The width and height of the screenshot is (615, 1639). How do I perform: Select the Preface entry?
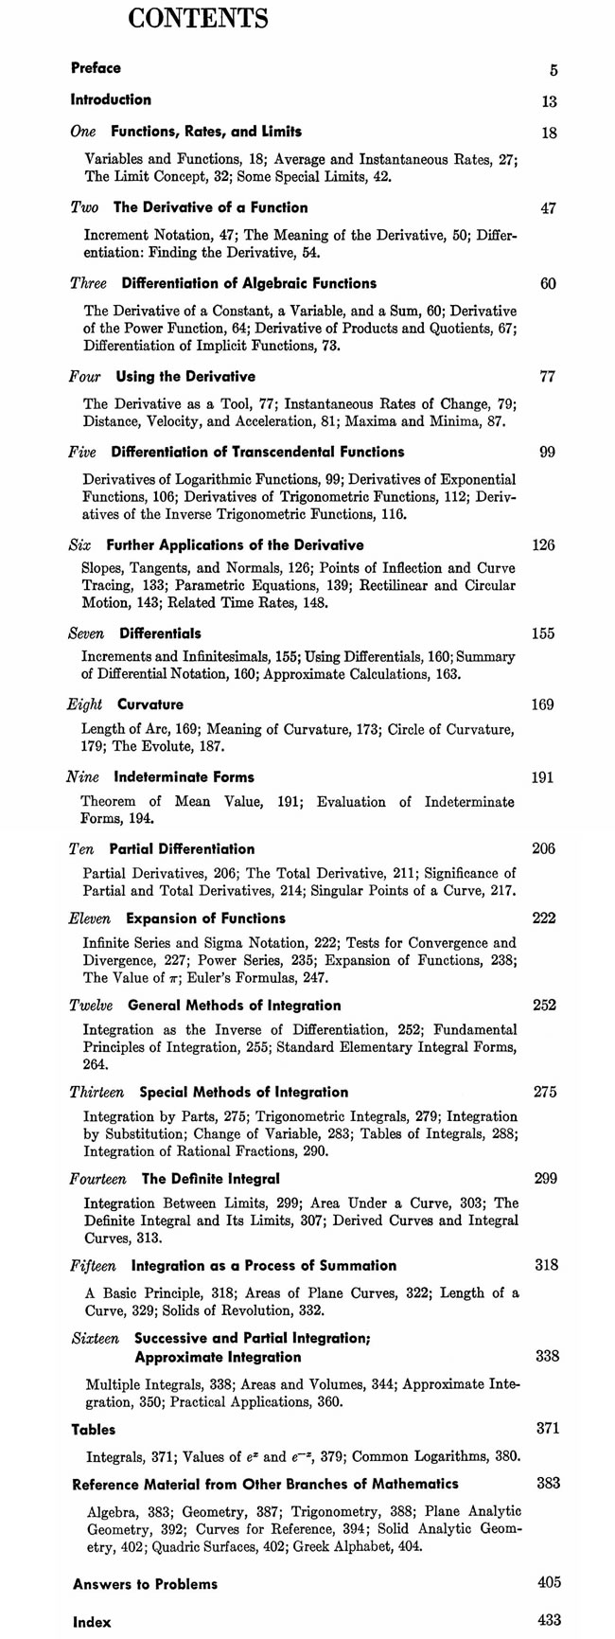[x=96, y=68]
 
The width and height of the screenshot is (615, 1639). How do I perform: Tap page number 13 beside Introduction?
[x=549, y=102]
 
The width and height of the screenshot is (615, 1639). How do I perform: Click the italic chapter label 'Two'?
[x=85, y=207]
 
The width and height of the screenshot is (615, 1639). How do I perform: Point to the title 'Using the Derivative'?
[x=185, y=377]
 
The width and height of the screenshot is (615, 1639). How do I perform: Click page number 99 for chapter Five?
[x=547, y=453]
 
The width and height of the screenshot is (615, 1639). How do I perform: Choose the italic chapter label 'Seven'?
[x=88, y=633]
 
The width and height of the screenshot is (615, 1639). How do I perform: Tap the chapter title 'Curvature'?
[x=150, y=704]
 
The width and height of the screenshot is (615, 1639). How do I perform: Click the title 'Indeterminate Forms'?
[x=184, y=777]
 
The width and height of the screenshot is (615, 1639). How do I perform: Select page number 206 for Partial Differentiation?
[x=543, y=848]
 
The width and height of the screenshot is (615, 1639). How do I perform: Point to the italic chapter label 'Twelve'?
[x=92, y=1006]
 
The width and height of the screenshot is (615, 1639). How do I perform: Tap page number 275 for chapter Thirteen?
[x=545, y=1093]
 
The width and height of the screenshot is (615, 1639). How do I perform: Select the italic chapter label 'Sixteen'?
[x=96, y=1339]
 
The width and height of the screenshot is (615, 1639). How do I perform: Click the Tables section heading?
[x=94, y=1430]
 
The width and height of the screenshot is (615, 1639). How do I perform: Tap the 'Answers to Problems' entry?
[x=145, y=1584]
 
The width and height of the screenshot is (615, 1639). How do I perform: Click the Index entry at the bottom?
[x=92, y=1622]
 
